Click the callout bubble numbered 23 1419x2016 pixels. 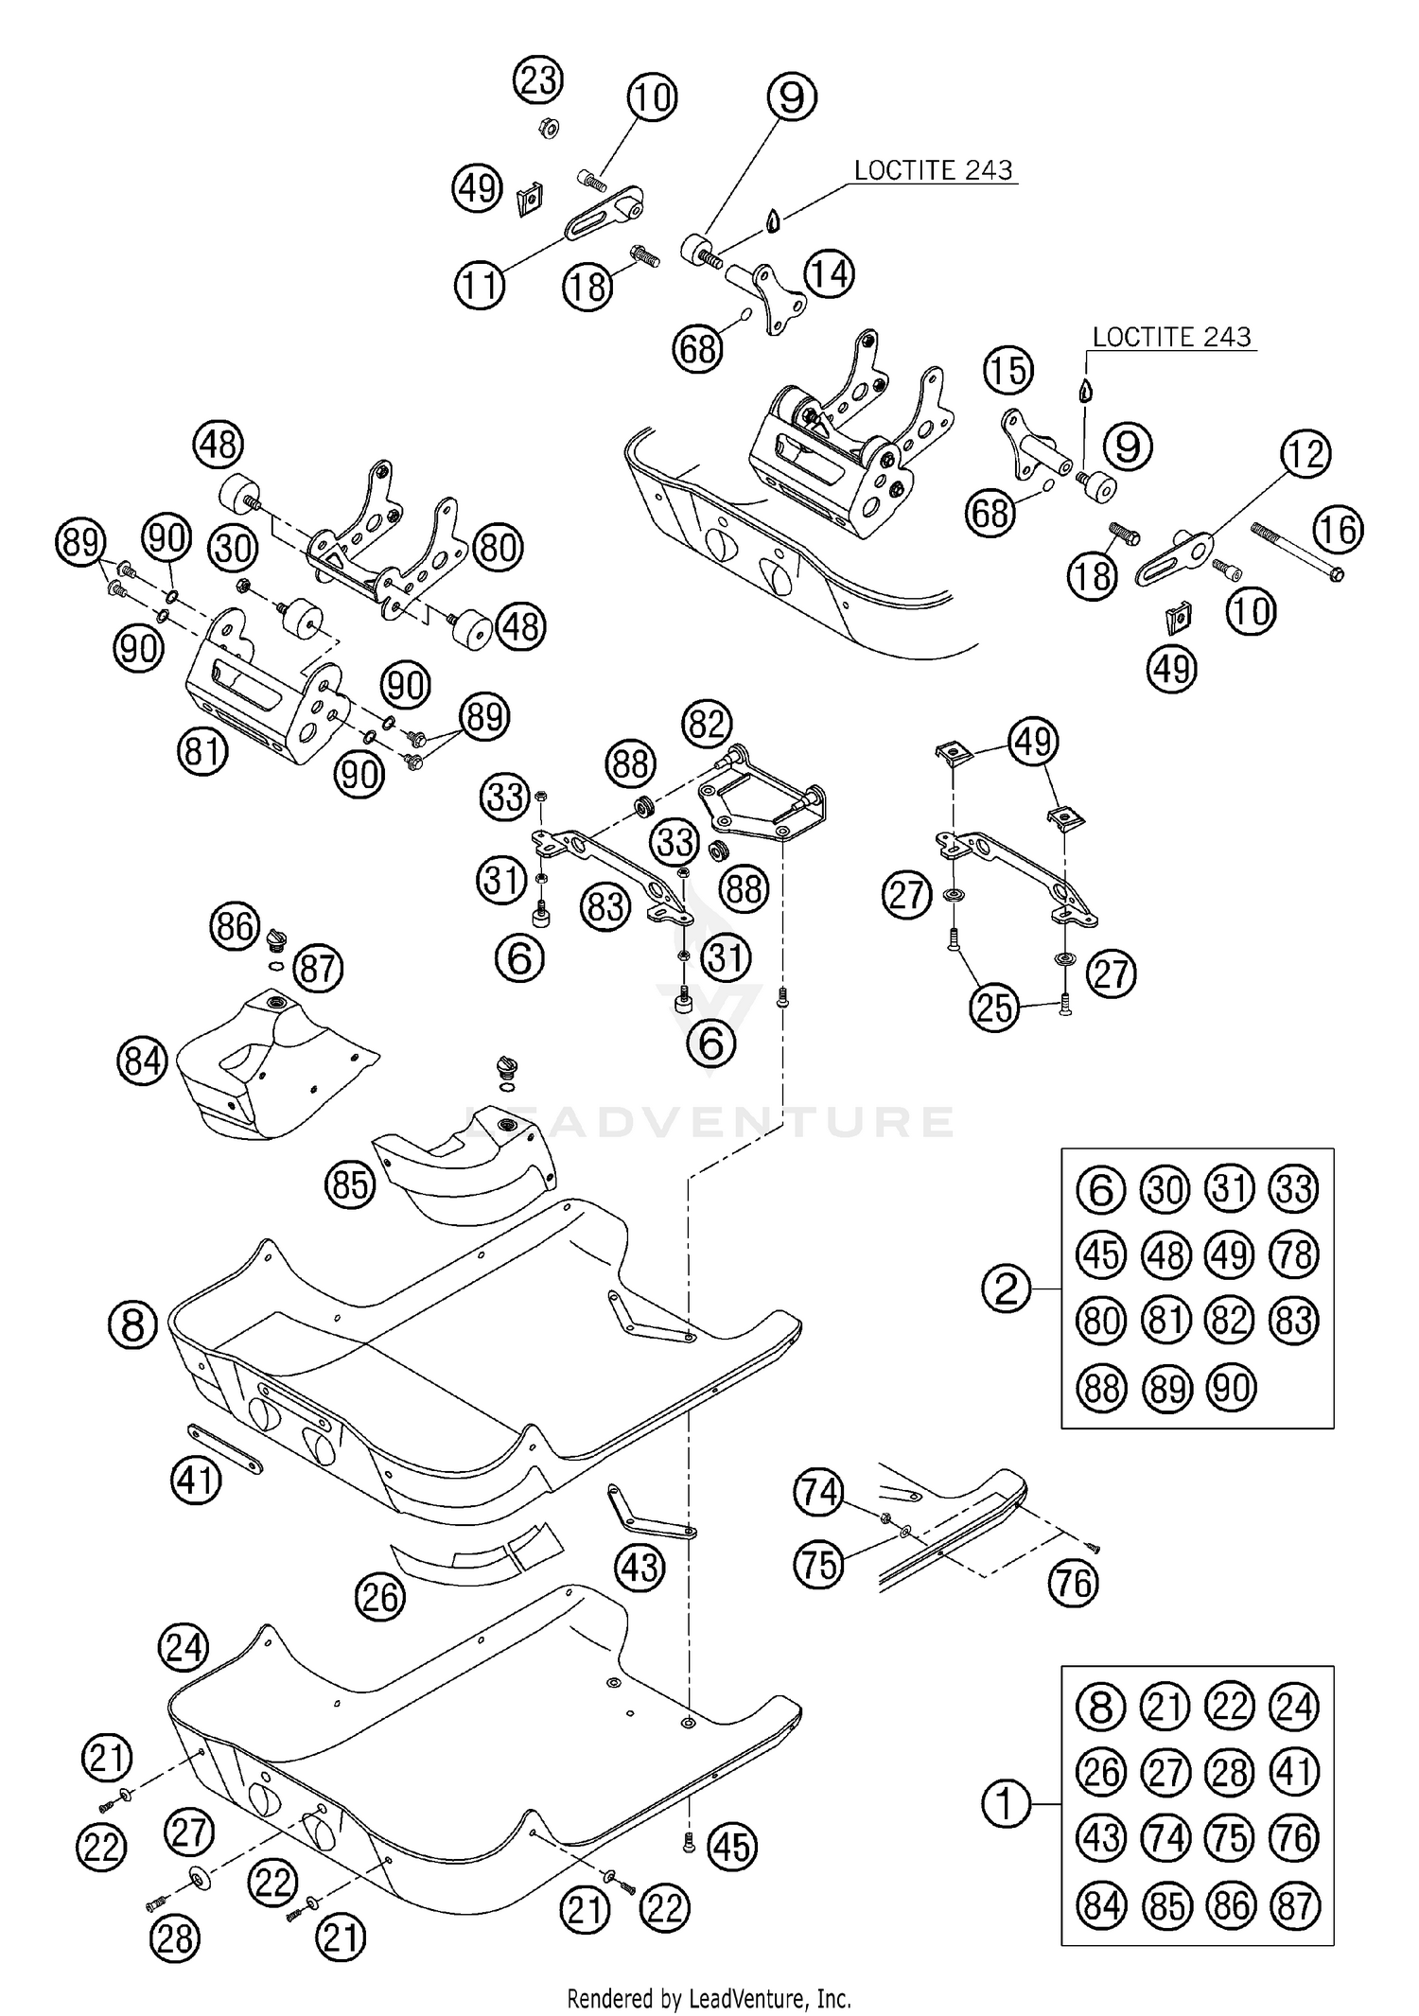click(538, 79)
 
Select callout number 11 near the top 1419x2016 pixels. click(480, 285)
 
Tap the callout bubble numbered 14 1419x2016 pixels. click(829, 273)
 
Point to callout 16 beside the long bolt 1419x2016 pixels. click(1339, 530)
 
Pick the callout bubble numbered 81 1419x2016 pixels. click(201, 751)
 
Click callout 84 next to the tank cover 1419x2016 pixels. click(143, 1061)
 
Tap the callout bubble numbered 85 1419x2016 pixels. click(350, 1183)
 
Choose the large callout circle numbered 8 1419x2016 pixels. click(132, 1325)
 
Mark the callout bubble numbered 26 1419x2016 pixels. click(380, 1598)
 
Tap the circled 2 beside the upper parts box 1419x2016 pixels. click(1006, 1288)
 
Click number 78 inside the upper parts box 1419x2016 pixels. click(1294, 1254)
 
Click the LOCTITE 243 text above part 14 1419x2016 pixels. click(933, 170)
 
